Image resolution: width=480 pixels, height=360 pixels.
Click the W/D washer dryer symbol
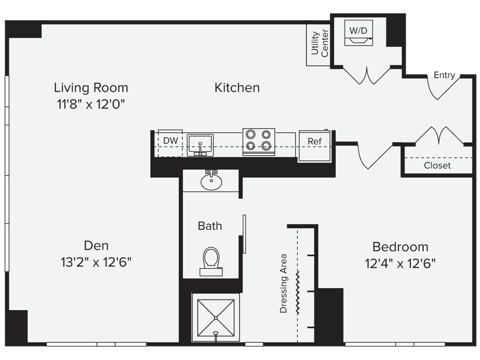coord(359,34)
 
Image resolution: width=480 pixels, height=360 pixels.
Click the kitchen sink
coord(200,144)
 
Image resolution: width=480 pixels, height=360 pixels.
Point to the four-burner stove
coord(259,142)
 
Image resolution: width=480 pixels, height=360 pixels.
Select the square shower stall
coord(216,318)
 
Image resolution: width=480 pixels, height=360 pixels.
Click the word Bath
coord(210,226)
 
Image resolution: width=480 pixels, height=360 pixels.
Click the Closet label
coord(437,165)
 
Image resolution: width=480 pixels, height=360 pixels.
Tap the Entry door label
coord(444,75)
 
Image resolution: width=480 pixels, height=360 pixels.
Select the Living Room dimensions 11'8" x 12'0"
coord(90,104)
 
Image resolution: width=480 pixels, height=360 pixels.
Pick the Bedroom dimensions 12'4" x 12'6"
coord(400,263)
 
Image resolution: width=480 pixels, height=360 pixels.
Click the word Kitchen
coord(237,88)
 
